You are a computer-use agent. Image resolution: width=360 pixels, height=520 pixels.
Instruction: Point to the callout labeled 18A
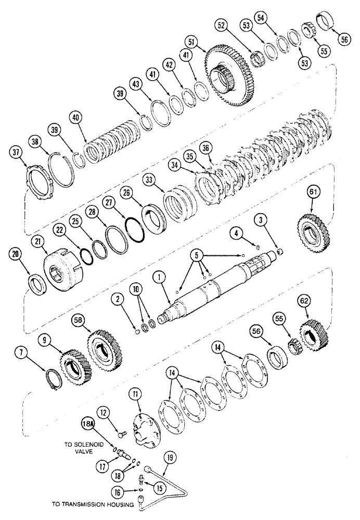(x=88, y=425)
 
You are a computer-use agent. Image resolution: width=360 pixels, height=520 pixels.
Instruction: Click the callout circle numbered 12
(x=102, y=412)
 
